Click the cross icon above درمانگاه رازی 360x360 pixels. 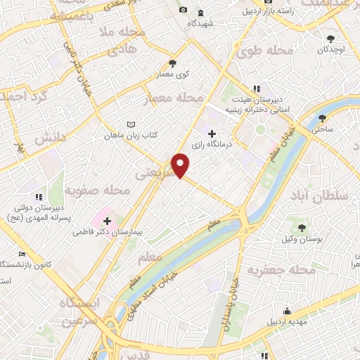tap(212, 133)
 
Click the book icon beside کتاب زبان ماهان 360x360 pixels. tap(130, 124)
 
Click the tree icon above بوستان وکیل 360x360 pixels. tap(302, 227)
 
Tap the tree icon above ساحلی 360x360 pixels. tap(323, 117)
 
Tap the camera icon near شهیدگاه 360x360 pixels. tap(184, 9)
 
